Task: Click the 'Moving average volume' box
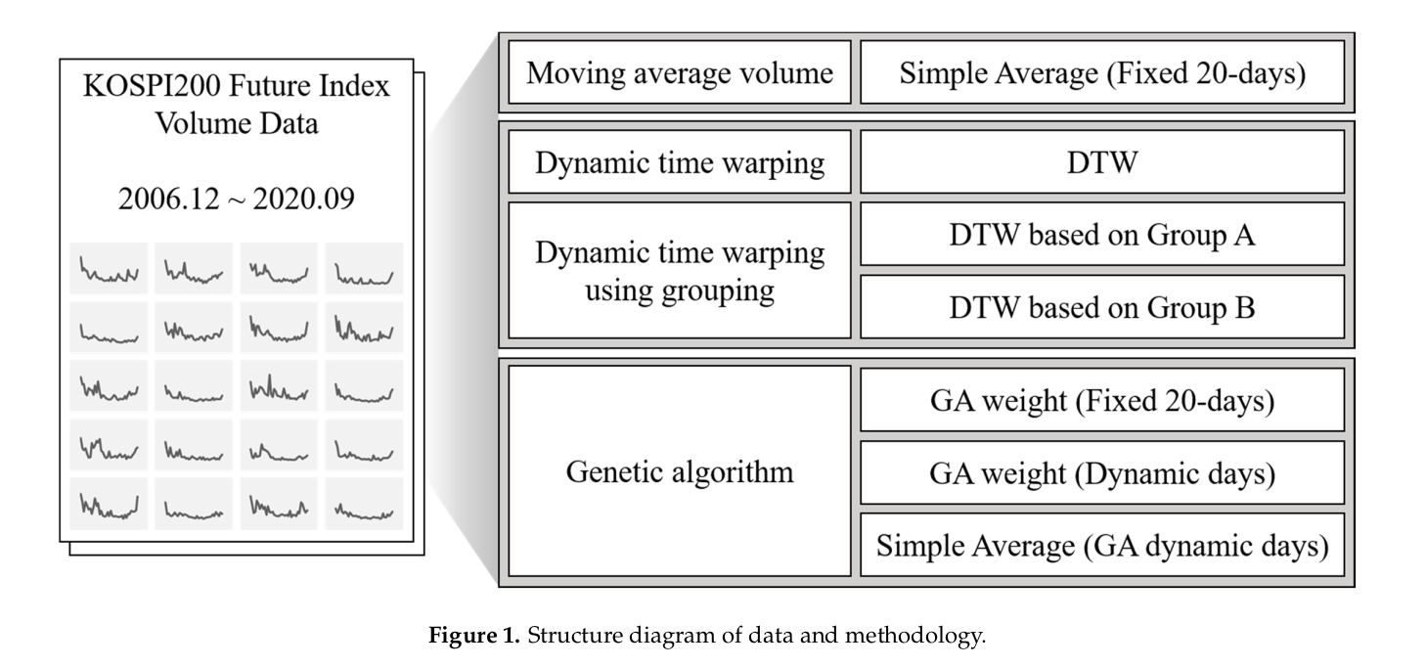point(680,73)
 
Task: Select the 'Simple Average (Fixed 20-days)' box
point(1101,73)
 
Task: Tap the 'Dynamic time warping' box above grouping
point(680,162)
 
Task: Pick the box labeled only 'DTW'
point(1101,162)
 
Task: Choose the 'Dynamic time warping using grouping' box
point(680,270)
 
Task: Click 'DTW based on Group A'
point(1101,235)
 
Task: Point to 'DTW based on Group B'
point(1101,307)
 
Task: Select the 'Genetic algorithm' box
point(680,472)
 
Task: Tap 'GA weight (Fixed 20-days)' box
point(1101,401)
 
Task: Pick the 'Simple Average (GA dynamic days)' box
point(1101,545)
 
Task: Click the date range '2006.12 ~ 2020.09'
point(237,198)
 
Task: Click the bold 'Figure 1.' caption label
point(474,638)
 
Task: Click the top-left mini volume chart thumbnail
point(109,268)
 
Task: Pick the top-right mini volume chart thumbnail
point(364,268)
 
